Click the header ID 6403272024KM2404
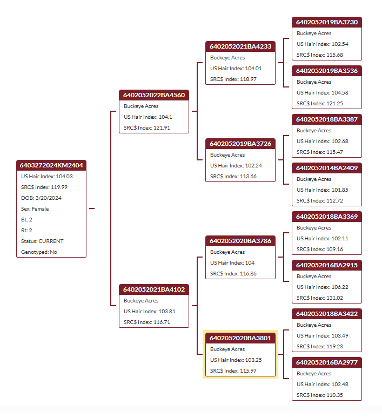pyautogui.click(x=51, y=165)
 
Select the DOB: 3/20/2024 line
pyautogui.click(x=41, y=198)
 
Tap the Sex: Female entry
pyautogui.click(x=35, y=209)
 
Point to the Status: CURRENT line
pyautogui.click(x=42, y=241)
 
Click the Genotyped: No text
pyautogui.click(x=39, y=252)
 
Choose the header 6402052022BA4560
pyautogui.click(x=154, y=95)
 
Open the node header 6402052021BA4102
pyautogui.click(x=154, y=289)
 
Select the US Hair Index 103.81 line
pyautogui.click(x=149, y=312)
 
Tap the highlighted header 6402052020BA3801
pyautogui.click(x=240, y=338)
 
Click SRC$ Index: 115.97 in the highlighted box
pyautogui.click(x=233, y=371)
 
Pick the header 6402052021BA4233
pyautogui.click(x=240, y=46)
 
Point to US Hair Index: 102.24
pyautogui.click(x=236, y=166)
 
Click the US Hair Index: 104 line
pyautogui.click(x=232, y=263)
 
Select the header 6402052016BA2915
pyautogui.click(x=327, y=265)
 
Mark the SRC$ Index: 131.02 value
pyautogui.click(x=319, y=298)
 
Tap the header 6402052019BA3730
pyautogui.click(x=327, y=22)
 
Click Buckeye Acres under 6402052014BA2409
pyautogui.click(x=314, y=179)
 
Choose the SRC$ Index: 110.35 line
pyautogui.click(x=319, y=395)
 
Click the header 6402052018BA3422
pyautogui.click(x=327, y=314)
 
